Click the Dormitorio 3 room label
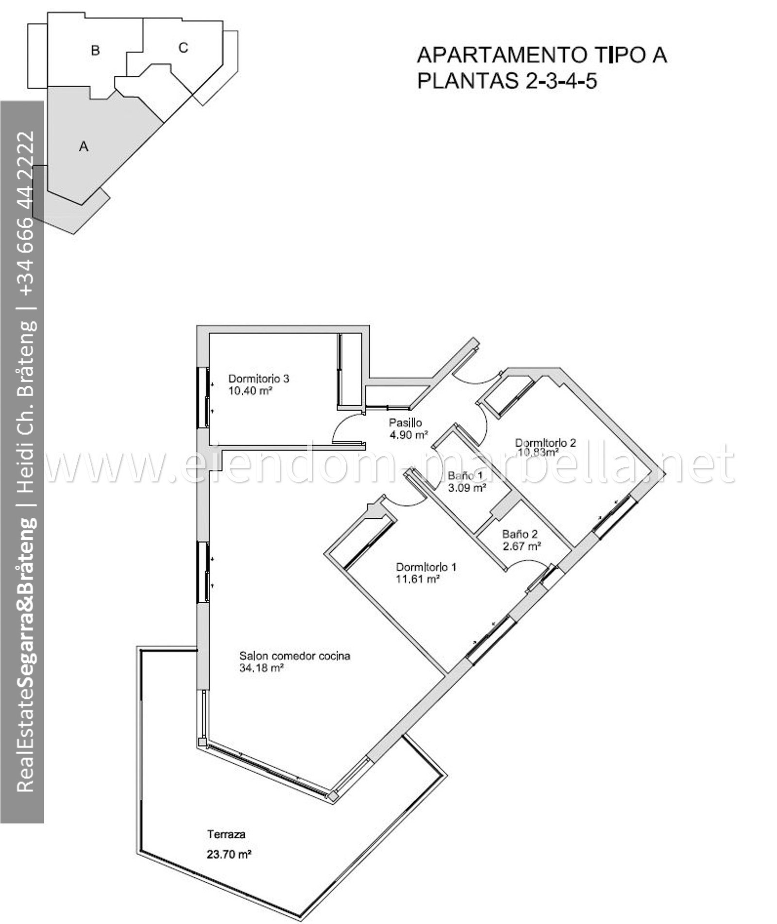pos(258,378)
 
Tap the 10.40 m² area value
pos(250,390)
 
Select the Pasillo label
pos(405,423)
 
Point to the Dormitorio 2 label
pos(545,443)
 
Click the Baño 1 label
pos(466,476)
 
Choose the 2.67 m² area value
pos(522,546)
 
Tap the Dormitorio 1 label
pos(426,567)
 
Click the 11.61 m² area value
pos(418,579)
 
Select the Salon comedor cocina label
pos(294,656)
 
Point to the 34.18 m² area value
pos(261,668)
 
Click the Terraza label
pos(226,835)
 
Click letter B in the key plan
pos(96,50)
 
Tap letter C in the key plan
pos(183,48)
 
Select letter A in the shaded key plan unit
pos(84,146)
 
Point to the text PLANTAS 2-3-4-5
pos(507,81)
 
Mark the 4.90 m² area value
pos(408,435)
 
